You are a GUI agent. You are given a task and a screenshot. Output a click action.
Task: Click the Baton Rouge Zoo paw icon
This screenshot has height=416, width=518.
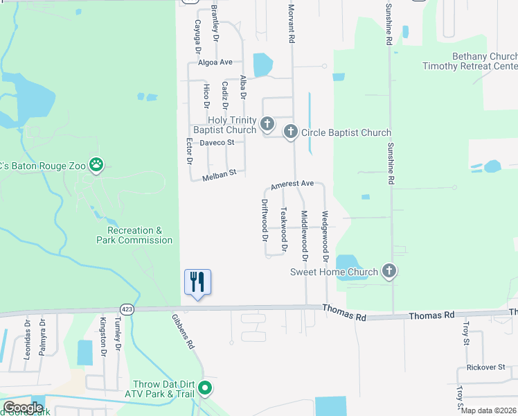click(x=98, y=166)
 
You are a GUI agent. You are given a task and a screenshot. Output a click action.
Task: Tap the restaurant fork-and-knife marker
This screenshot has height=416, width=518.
click(x=197, y=281)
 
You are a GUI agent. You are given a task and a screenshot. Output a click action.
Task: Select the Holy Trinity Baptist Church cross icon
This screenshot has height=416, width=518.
click(x=268, y=125)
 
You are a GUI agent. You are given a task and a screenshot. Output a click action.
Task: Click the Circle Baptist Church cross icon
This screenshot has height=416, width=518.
click(x=291, y=132)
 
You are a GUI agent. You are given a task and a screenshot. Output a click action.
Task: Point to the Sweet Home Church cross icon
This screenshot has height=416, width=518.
click(x=390, y=272)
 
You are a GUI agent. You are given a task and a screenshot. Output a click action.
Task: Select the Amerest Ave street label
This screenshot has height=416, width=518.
click(x=292, y=185)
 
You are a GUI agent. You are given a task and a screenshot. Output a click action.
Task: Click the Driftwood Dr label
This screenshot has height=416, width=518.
click(x=265, y=220)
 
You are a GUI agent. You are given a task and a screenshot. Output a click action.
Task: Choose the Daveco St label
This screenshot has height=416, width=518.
click(x=217, y=143)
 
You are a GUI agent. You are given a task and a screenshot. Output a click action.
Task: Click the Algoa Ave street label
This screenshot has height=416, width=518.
click(x=215, y=62)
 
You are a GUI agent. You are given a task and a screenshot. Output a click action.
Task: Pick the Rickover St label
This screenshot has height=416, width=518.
click(x=485, y=367)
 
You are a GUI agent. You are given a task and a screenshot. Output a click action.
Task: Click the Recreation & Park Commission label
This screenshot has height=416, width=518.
click(x=134, y=235)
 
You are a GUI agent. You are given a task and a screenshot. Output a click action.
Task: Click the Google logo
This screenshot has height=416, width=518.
click(x=23, y=408)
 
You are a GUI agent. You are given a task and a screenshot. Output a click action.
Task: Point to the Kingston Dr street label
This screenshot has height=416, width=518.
click(x=102, y=337)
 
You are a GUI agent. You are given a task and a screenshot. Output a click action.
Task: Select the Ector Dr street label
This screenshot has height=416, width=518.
click(x=188, y=150)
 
